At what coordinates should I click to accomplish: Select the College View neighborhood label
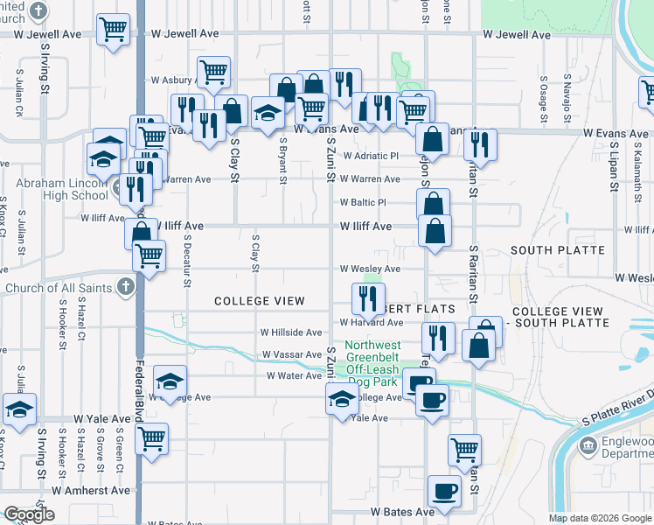(x=260, y=301)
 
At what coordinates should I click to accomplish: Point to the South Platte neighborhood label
(x=557, y=250)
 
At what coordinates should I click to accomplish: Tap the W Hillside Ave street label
(x=291, y=332)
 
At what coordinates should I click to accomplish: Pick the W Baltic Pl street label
(x=363, y=202)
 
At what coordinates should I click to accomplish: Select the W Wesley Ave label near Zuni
(x=370, y=269)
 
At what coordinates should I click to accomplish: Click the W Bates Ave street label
(x=401, y=511)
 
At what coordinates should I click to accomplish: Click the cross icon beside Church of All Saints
(x=125, y=287)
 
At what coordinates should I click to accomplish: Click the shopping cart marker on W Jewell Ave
(x=113, y=30)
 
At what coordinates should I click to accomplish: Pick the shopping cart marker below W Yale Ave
(x=152, y=437)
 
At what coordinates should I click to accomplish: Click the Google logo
(x=29, y=514)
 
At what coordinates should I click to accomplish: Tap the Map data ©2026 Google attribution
(x=600, y=518)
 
